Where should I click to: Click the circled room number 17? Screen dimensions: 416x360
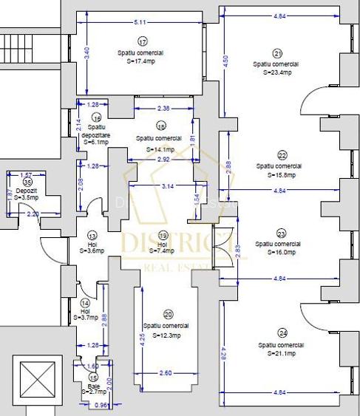point(142,41)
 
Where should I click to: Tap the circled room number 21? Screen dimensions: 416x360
point(277,53)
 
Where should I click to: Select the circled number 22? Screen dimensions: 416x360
point(282,155)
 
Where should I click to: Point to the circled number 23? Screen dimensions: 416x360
point(281,233)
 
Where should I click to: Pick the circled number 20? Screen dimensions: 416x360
point(168,314)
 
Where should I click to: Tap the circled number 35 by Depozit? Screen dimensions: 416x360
point(28,181)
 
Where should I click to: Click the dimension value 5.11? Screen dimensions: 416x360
point(140,23)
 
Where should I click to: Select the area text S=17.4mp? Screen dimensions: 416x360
point(140,62)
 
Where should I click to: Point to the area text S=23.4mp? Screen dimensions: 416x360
point(277,72)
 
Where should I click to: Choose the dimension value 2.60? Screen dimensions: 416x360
point(165,374)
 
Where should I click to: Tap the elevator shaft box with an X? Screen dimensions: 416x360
point(30,378)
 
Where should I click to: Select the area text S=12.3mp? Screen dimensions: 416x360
point(166,335)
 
